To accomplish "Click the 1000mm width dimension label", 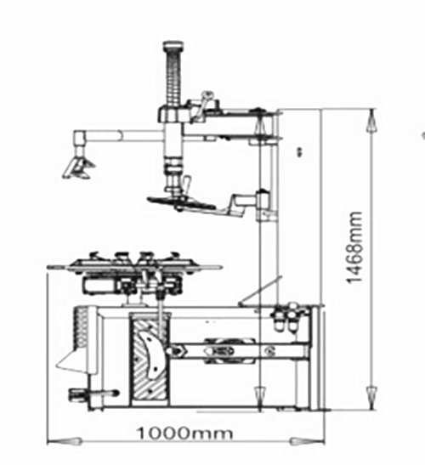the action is click(x=184, y=434).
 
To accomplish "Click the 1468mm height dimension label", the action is click(x=354, y=247).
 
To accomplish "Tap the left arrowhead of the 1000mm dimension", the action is click(x=64, y=441).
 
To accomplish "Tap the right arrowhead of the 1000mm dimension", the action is click(x=307, y=441).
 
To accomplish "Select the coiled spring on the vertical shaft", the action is click(x=173, y=77).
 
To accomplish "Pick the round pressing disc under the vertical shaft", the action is click(x=182, y=202).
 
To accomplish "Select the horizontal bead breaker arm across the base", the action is click(x=237, y=351).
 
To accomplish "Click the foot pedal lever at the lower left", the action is click(x=93, y=394).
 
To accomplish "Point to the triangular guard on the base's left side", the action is click(x=72, y=360).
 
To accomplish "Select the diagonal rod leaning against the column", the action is click(x=260, y=291).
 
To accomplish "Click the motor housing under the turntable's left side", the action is click(x=101, y=286).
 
